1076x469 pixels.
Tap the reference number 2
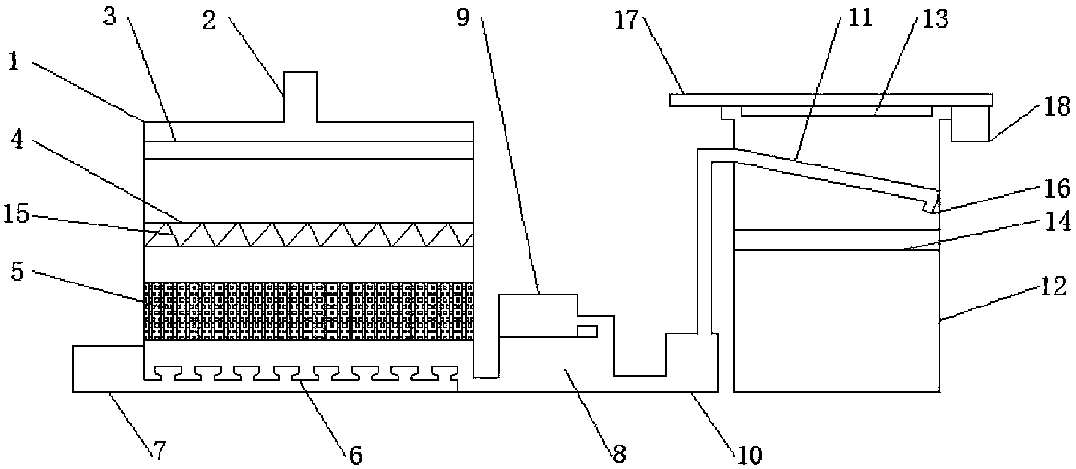click(x=209, y=23)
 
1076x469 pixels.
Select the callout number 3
click(x=110, y=16)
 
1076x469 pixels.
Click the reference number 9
click(x=463, y=18)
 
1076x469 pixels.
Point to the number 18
click(x=1057, y=106)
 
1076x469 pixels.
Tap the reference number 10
click(x=749, y=455)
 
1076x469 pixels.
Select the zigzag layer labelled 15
click(x=309, y=235)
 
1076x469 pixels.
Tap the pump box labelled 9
click(x=539, y=315)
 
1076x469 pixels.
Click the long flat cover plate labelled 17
click(x=831, y=100)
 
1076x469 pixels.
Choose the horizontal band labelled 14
click(x=836, y=240)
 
